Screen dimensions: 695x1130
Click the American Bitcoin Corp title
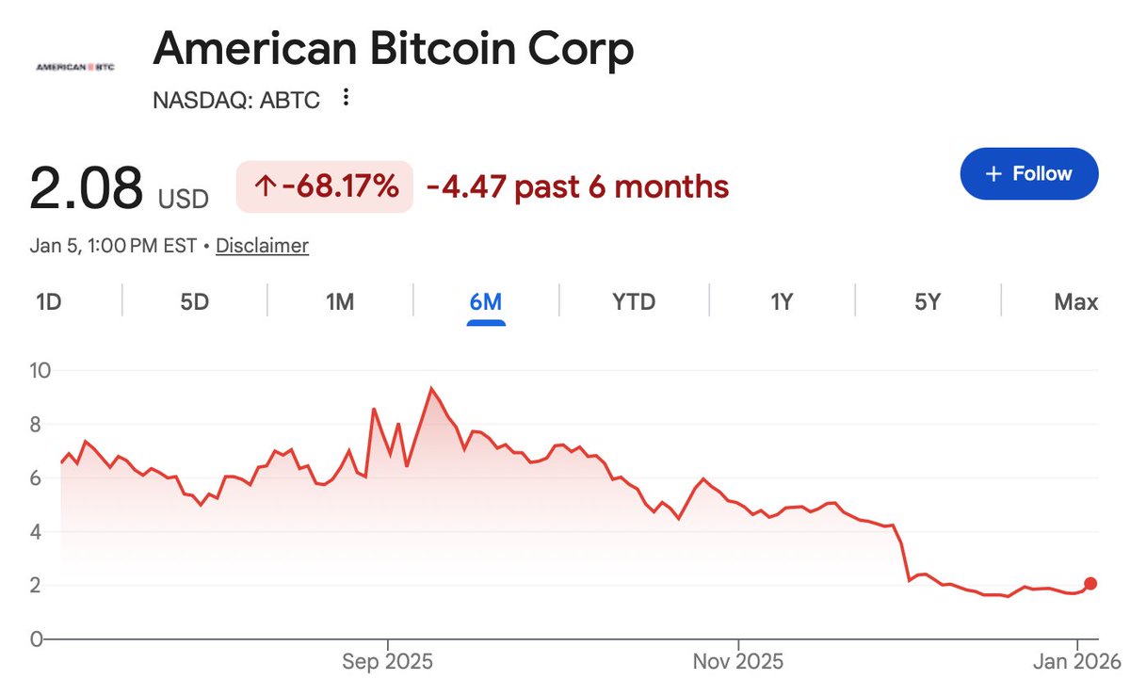394,49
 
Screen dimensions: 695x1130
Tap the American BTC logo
73,68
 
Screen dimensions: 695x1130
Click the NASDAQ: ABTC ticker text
235,99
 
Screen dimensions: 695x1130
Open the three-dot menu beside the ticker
346,98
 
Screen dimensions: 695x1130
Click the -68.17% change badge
324,186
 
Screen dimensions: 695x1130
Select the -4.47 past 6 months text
577,186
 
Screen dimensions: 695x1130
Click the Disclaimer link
262,246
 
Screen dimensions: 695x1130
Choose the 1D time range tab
49,302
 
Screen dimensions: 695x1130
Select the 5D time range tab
194,302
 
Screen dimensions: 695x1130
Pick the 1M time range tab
339,302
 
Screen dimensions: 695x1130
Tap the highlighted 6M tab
486,302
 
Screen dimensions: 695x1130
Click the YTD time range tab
633,302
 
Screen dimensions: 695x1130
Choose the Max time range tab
1075,302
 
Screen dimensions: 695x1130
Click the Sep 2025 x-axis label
387,662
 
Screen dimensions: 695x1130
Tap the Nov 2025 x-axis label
739,662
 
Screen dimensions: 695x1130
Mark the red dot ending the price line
1090,583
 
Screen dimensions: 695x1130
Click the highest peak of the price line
431,388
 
